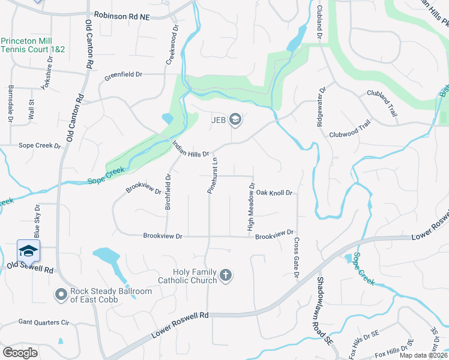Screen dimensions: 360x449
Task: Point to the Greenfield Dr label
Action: (123, 75)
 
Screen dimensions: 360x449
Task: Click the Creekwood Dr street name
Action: (170, 44)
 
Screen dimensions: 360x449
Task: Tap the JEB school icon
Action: (235, 119)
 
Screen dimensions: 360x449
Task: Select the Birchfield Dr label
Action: (169, 192)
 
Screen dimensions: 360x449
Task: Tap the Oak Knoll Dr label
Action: (274, 193)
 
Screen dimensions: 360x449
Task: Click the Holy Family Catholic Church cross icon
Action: (226, 275)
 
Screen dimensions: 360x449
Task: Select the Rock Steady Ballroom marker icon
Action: (61, 295)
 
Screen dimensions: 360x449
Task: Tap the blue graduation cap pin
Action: (28, 251)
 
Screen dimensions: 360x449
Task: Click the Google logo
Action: (20, 353)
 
